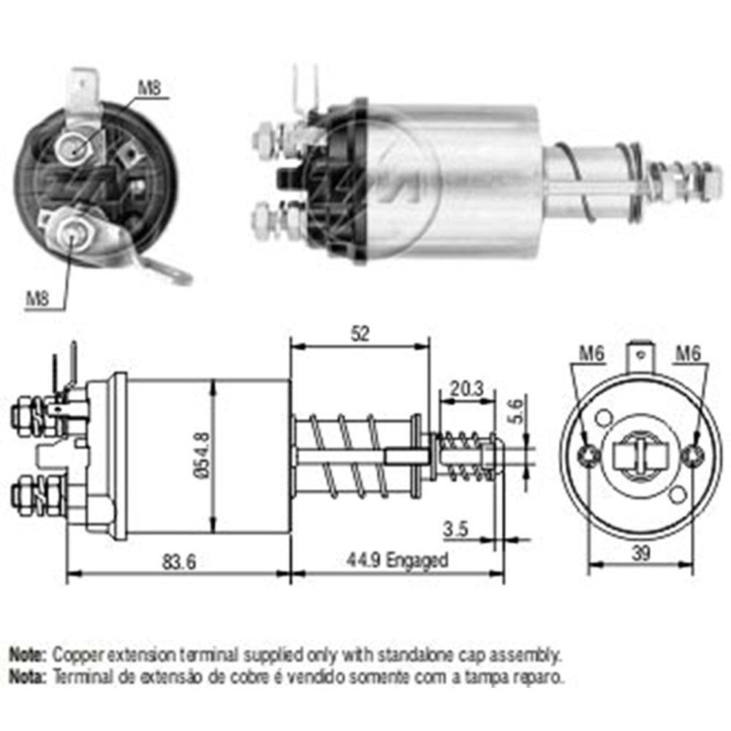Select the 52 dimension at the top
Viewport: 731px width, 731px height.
click(360, 333)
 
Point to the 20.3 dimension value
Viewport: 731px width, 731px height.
click(466, 388)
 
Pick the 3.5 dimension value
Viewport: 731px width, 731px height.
click(456, 529)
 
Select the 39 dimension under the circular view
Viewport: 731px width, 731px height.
click(640, 554)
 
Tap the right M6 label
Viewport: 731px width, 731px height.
click(688, 353)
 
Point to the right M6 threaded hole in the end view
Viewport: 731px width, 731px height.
click(692, 456)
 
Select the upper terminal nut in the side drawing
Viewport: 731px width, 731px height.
click(25, 414)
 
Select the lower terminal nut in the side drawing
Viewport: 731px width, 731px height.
click(25, 493)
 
